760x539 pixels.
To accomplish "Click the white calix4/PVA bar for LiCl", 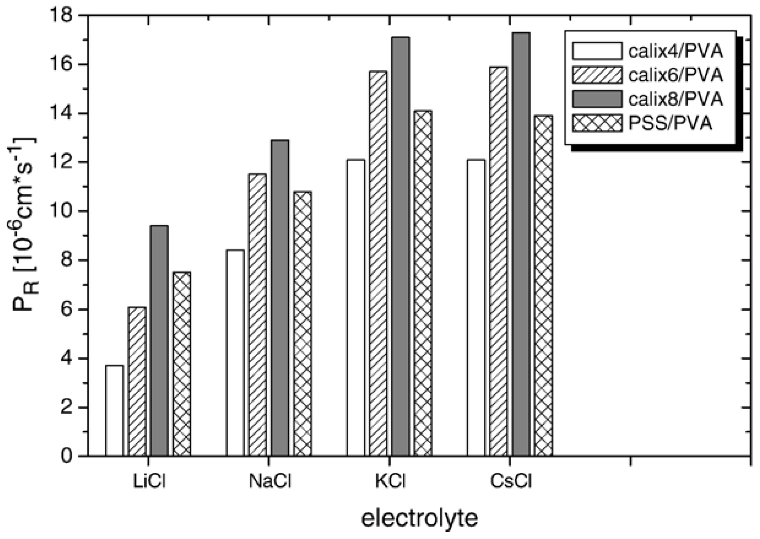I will coord(115,411).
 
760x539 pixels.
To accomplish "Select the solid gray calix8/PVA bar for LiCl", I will coord(159,340).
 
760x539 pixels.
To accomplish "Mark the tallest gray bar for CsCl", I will coord(521,244).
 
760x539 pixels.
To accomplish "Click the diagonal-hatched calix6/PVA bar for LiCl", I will coord(137,381).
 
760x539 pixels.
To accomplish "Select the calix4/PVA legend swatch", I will coord(597,51).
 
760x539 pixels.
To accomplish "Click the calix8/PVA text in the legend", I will coord(675,99).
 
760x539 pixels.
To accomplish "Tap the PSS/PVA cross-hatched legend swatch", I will coord(597,123).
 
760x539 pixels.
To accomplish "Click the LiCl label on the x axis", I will coord(149,481).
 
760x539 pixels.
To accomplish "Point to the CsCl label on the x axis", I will coord(511,481).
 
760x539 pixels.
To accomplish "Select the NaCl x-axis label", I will coord(270,481).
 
